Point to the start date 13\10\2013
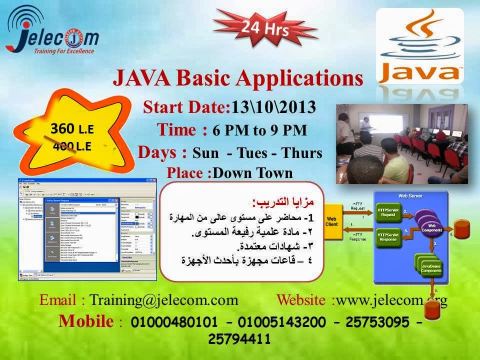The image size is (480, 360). (273, 107)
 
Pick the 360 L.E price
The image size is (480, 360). (72, 128)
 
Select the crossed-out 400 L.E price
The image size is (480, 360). (72, 146)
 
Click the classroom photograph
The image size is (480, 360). (401, 143)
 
